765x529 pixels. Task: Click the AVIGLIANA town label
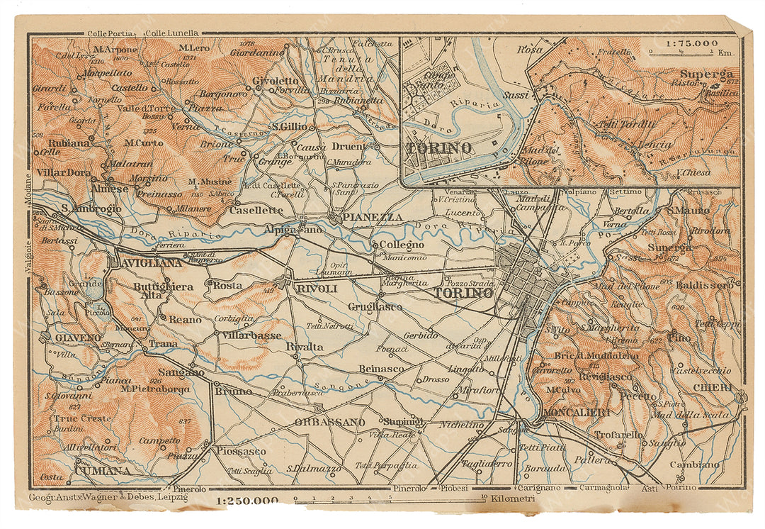pos(145,262)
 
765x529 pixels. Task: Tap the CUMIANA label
pos(103,470)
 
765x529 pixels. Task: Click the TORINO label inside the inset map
pos(439,148)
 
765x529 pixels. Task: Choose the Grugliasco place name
pos(375,306)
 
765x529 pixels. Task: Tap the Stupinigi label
pos(403,421)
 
